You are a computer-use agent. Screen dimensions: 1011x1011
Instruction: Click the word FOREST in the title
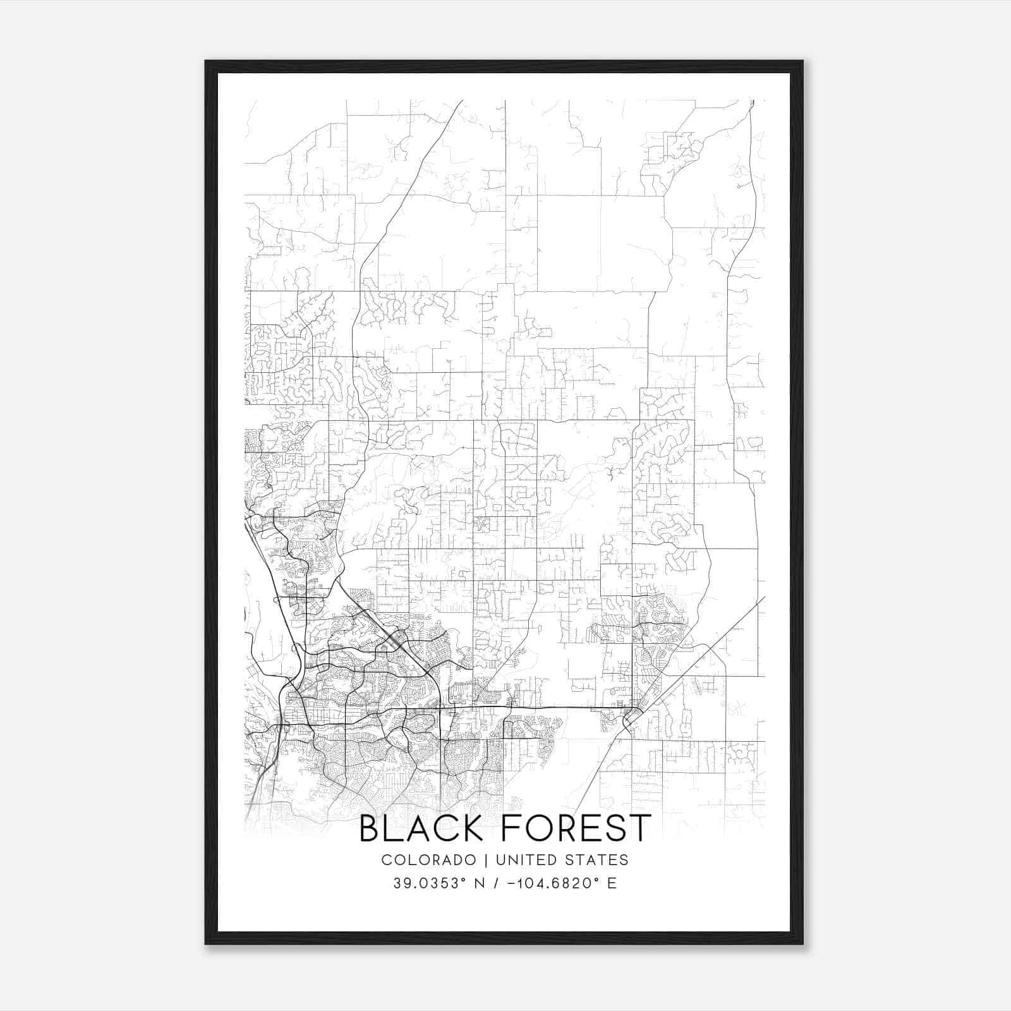point(576,828)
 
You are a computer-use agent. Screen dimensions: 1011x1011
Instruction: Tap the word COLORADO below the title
point(428,860)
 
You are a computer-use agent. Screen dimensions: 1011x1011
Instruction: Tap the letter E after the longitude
point(611,883)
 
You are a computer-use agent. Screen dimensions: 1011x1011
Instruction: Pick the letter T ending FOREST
point(639,828)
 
